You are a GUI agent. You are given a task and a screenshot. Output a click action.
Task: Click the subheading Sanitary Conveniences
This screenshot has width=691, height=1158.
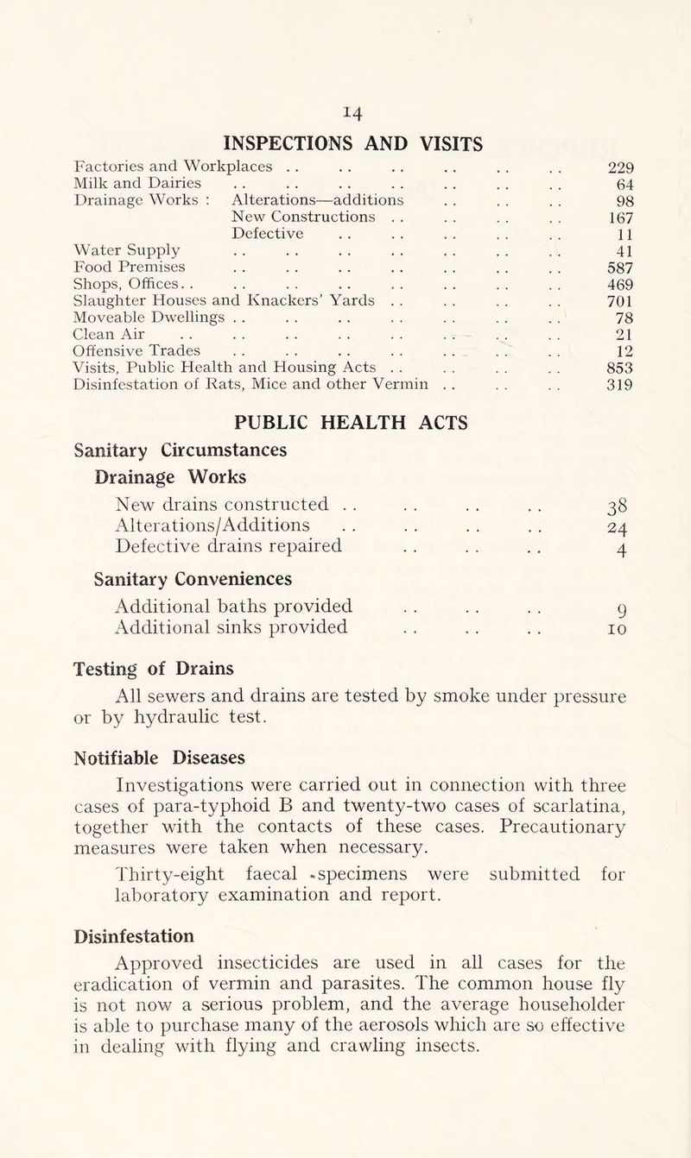tap(172, 577)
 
